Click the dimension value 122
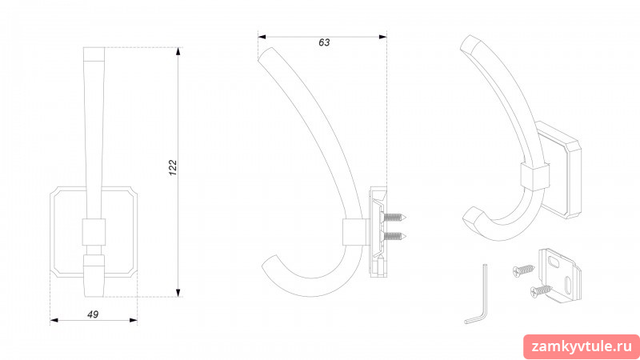pos(173,168)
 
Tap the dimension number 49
pos(93,314)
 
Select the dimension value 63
pos(324,42)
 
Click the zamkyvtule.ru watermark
pos(582,346)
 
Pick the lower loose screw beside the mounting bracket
pos(542,291)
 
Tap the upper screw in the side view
pos(394,218)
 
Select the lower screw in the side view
pos(394,235)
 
